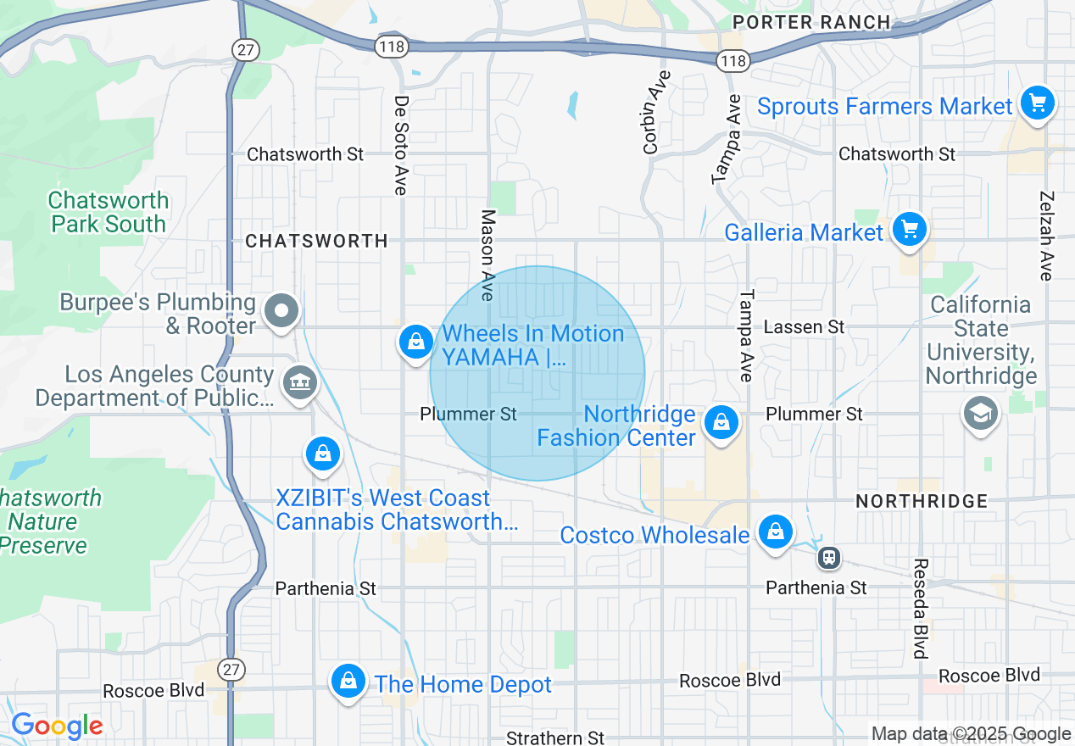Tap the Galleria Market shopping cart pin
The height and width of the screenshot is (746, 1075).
(x=909, y=230)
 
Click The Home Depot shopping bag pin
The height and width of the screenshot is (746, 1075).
(x=348, y=681)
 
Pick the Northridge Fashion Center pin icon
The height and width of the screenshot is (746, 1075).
(x=721, y=421)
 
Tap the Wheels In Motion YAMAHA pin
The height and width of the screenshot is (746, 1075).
(x=415, y=342)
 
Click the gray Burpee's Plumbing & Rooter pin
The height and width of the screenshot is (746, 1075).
(x=281, y=311)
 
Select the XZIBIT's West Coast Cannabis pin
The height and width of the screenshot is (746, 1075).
(x=323, y=454)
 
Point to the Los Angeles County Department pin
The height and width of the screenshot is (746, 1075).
(x=298, y=382)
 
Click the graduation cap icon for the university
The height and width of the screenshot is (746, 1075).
(x=980, y=414)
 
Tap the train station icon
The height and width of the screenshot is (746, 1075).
(x=828, y=558)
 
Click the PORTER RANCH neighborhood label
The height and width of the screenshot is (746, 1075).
(x=811, y=22)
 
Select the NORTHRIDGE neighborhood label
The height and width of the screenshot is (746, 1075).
(x=922, y=501)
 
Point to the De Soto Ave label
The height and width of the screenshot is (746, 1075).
(x=401, y=145)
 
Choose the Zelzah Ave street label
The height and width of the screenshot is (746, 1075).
(x=1045, y=235)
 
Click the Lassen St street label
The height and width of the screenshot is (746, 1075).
(x=804, y=326)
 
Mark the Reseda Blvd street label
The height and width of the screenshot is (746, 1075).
(x=920, y=608)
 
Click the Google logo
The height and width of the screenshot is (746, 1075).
(x=56, y=727)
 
